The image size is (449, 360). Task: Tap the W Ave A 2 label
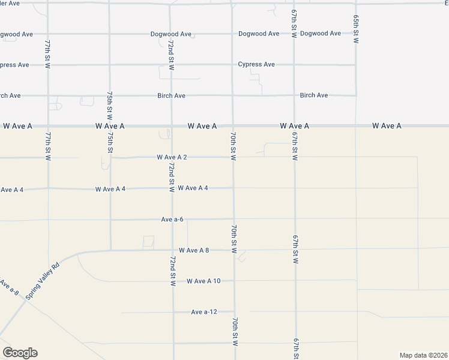[172, 157]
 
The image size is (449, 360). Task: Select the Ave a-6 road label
[172, 220]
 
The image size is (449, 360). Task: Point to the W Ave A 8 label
[193, 250]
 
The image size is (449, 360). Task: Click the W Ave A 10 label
[203, 281]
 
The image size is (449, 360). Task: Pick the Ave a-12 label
[203, 312]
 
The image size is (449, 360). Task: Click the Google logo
[20, 353]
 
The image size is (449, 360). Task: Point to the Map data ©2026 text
[424, 355]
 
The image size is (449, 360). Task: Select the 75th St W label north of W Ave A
[110, 107]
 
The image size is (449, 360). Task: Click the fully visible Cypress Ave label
[256, 64]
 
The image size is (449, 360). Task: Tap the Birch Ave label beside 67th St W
[314, 95]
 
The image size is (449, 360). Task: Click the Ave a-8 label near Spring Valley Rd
[8, 287]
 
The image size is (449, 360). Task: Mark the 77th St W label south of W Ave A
[47, 146]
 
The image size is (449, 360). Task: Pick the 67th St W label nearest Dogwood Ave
[294, 24]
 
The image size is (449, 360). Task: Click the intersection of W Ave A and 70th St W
[233, 126]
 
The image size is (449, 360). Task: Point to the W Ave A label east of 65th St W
[386, 126]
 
